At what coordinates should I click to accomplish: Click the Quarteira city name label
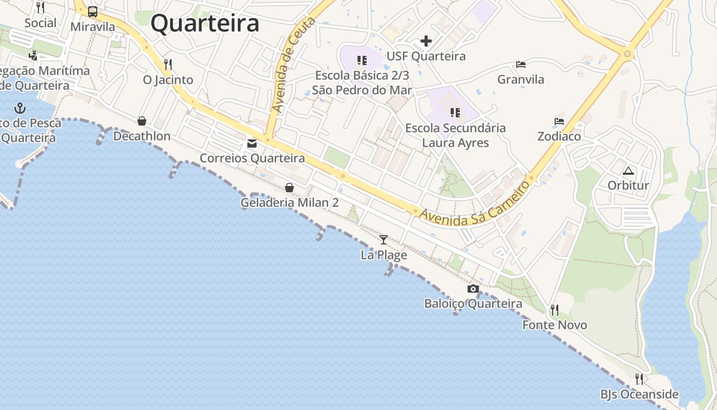tap(205, 24)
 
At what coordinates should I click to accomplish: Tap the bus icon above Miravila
tap(93, 11)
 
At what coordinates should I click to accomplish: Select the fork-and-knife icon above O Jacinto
tap(167, 65)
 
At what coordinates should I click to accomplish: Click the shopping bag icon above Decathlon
tap(142, 121)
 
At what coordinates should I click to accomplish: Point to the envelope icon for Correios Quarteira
tap(252, 143)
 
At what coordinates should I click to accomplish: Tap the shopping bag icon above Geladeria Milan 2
tap(289, 188)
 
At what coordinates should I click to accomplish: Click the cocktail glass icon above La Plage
tap(384, 239)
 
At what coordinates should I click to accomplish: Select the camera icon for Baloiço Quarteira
tap(473, 289)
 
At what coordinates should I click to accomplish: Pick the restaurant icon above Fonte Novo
tap(554, 310)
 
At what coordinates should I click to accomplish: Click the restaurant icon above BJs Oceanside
tap(639, 379)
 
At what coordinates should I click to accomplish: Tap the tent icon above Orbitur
tap(628, 171)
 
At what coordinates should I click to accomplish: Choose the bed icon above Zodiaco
tap(559, 121)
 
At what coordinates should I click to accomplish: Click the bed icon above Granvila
tap(521, 65)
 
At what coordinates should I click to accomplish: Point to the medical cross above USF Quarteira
tap(426, 41)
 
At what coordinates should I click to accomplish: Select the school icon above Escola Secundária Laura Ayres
tap(455, 113)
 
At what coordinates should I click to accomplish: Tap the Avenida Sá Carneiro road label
tap(474, 204)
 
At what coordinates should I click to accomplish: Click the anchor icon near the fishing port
tap(20, 108)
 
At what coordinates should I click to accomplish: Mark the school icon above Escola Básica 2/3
tap(362, 60)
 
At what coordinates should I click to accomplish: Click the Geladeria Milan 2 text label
tap(289, 203)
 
